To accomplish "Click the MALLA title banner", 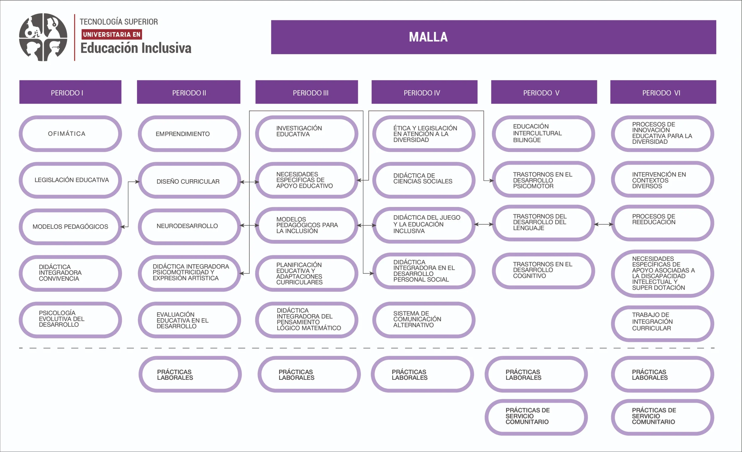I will tap(493, 37).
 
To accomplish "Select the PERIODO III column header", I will tap(307, 92).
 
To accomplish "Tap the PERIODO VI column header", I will tap(663, 92).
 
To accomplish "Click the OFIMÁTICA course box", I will tap(70, 134).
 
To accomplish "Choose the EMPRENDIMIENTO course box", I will tap(189, 134).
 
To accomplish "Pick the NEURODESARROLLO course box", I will tap(189, 226).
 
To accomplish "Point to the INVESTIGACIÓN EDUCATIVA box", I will tap(307, 134).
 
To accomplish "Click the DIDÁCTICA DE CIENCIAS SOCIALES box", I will tap(424, 180).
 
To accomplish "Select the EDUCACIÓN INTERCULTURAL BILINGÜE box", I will tap(543, 134).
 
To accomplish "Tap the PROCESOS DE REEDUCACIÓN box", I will tap(662, 223).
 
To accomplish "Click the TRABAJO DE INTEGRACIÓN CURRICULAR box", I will tap(662, 323).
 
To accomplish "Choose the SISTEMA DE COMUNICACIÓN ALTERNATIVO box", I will tap(424, 320).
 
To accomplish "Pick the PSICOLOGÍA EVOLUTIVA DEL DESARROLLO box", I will tap(70, 320).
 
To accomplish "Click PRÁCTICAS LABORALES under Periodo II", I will tap(190, 374).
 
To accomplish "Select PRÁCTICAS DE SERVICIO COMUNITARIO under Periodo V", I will tap(536, 417).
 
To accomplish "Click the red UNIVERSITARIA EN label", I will tap(111, 34).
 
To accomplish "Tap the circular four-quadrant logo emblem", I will tap(43, 37).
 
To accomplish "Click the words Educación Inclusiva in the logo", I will tap(136, 48).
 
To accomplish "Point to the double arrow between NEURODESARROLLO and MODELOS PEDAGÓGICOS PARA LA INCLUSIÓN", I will tap(249, 225).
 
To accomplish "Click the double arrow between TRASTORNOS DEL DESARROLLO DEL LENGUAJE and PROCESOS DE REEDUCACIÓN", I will tap(603, 224).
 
